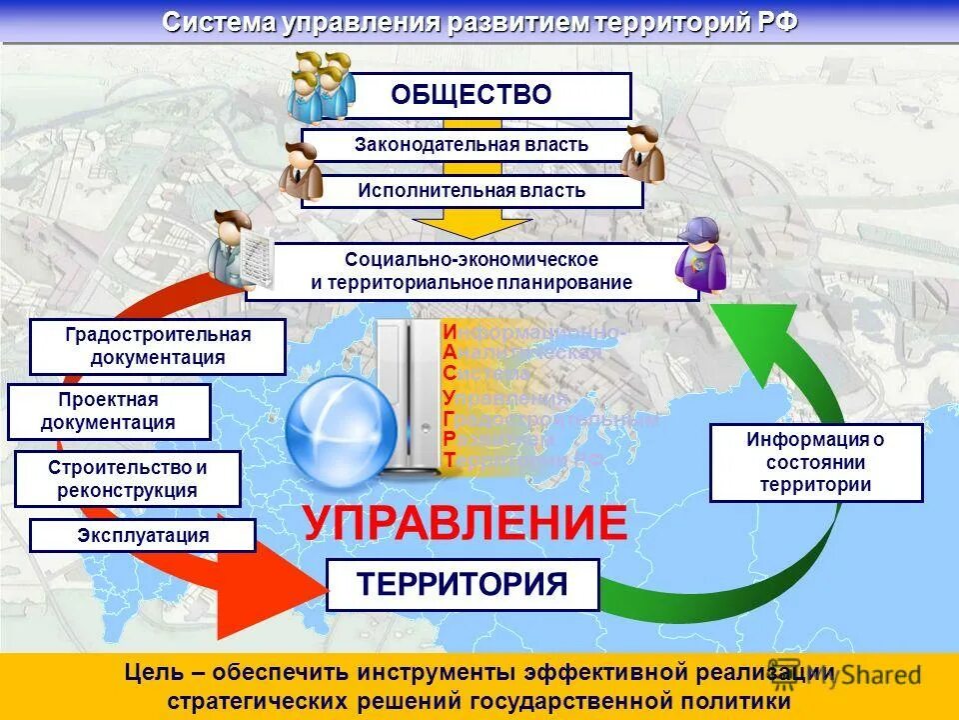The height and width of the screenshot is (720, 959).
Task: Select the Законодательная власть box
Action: click(472, 145)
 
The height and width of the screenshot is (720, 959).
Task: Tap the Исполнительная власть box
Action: click(472, 191)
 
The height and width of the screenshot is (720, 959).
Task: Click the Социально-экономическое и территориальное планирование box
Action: click(472, 271)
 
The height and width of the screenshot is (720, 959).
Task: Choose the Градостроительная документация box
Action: click(158, 346)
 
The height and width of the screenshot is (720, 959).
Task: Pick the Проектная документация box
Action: click(109, 411)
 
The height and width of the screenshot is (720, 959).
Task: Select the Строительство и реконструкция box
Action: click(128, 478)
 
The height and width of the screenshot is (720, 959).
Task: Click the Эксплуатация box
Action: click(143, 535)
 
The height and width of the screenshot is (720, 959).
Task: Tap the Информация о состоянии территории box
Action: click(815, 462)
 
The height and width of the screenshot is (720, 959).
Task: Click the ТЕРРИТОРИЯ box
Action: click(463, 584)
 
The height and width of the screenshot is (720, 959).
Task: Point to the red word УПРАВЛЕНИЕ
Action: click(466, 523)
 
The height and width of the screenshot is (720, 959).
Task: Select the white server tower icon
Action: click(410, 395)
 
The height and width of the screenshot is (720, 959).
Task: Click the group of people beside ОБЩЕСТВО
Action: click(322, 85)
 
